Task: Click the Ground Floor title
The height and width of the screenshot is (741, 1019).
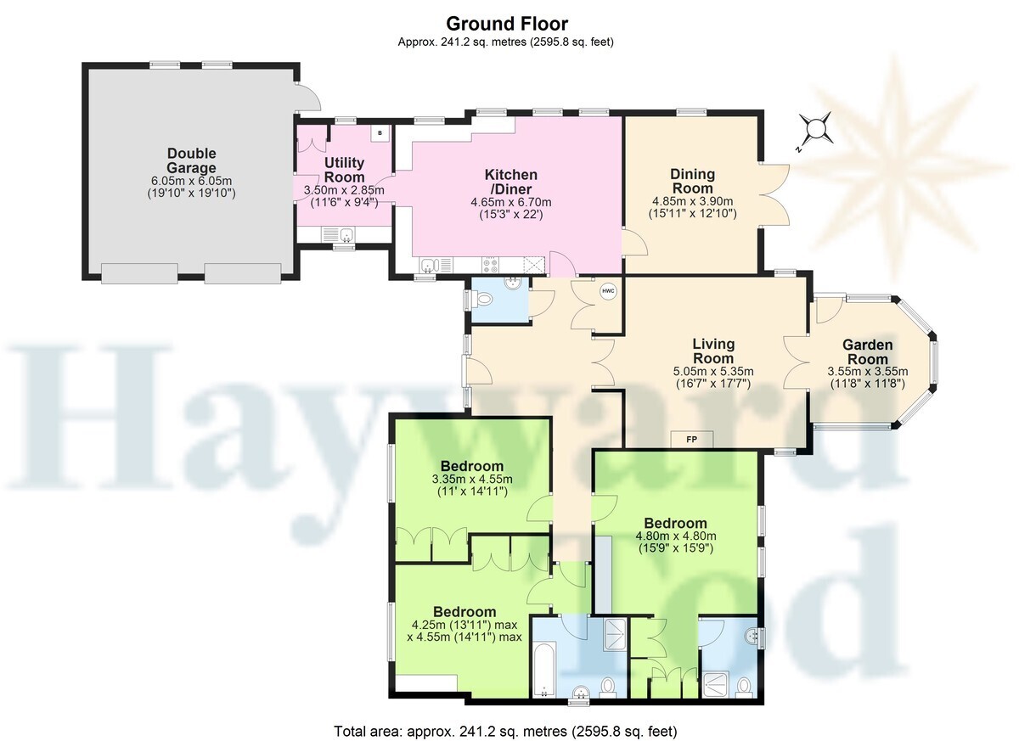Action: [507, 23]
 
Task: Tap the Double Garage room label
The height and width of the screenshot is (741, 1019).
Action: [192, 160]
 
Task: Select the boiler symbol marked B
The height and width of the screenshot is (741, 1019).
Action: [380, 133]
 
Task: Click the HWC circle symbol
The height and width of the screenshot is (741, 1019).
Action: [608, 291]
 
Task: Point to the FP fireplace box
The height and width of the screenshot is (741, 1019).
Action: [691, 439]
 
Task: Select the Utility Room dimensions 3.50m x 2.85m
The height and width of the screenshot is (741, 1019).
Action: [344, 190]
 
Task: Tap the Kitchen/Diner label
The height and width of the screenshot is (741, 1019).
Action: [511, 182]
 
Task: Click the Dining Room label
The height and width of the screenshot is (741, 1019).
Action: [692, 181]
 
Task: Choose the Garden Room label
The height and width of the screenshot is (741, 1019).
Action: [868, 352]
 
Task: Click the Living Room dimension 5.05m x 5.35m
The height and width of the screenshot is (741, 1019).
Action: [713, 371]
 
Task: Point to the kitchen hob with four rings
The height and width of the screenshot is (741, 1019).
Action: [490, 266]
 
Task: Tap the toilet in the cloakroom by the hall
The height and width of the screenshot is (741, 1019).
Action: [482, 299]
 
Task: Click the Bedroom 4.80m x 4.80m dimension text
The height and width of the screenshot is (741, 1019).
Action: [676, 536]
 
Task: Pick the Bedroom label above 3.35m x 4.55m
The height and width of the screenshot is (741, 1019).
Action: [472, 466]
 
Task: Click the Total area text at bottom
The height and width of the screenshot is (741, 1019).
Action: [505, 731]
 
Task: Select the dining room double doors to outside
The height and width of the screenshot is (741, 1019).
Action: [774, 194]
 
